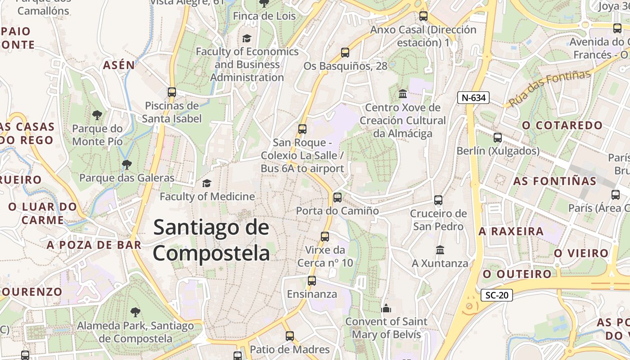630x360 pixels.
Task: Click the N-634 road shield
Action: [473, 97]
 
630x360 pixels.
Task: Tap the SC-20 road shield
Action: [497, 295]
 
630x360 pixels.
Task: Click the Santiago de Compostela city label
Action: [211, 240]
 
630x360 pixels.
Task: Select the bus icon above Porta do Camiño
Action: [337, 197]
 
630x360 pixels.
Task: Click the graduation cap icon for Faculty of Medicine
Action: [207, 183]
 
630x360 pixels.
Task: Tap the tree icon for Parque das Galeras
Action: [127, 164]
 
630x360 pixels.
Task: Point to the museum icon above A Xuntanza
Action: [440, 249]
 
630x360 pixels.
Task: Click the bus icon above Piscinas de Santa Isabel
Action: [171, 92]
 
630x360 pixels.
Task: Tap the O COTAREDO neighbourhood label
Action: [562, 125]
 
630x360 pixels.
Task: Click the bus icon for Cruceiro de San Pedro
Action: [438, 200]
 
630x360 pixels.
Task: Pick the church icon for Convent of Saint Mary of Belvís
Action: [386, 308]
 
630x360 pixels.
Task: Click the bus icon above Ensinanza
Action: [312, 281]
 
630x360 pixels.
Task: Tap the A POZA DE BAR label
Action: [94, 245]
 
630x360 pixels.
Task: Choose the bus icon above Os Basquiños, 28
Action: [345, 52]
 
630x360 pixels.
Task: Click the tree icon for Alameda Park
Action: [135, 312]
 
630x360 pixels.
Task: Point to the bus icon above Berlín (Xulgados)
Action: [498, 137]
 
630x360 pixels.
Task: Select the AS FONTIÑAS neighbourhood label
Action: [554, 181]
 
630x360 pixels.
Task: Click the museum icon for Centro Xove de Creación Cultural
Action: [403, 94]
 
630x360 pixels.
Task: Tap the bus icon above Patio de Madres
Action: [290, 336]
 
